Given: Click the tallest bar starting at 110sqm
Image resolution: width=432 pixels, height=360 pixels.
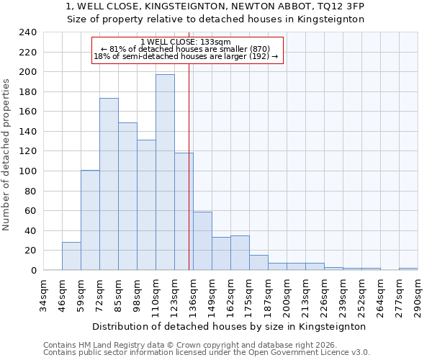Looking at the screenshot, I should click(165, 172).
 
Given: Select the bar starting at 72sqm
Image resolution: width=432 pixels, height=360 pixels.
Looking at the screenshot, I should click(109, 184).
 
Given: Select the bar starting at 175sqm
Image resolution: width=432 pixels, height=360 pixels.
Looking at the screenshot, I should click(258, 263).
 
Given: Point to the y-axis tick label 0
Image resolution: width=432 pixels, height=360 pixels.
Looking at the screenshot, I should click(33, 271).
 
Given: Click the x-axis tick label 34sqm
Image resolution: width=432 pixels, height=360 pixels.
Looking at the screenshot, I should click(43, 294).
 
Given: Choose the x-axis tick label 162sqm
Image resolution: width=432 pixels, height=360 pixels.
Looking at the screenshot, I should click(230, 294).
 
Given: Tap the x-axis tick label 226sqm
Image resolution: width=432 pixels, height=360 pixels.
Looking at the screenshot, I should click(324, 294).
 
